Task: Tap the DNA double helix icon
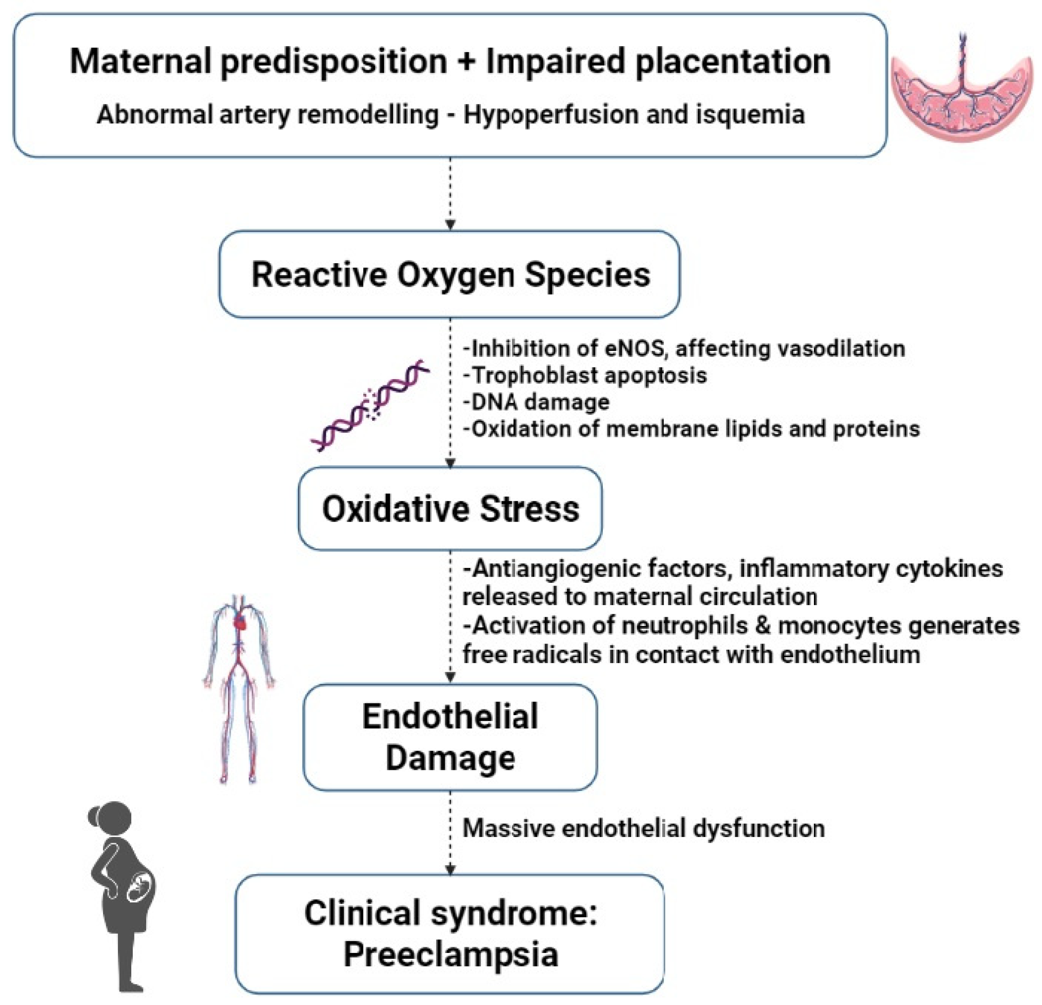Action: (x=371, y=405)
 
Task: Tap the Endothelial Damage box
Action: (x=450, y=737)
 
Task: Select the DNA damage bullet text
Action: (x=536, y=402)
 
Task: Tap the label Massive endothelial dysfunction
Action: (x=644, y=828)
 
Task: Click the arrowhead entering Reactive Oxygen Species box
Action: (x=450, y=225)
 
